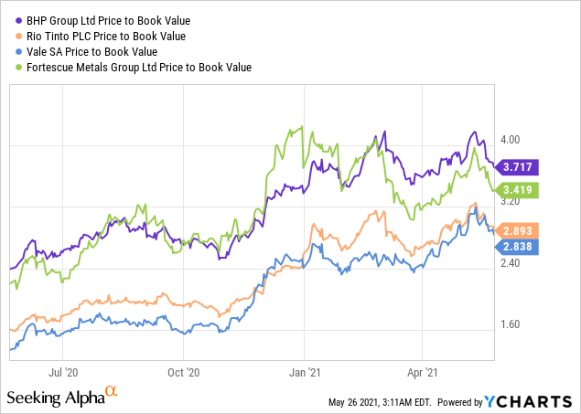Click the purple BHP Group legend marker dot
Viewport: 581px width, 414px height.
pyautogui.click(x=16, y=22)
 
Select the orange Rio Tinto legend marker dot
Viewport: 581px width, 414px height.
pyautogui.click(x=16, y=37)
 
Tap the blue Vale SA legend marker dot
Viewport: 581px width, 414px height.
pyautogui.click(x=16, y=52)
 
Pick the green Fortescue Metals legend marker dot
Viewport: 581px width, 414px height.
pyautogui.click(x=16, y=67)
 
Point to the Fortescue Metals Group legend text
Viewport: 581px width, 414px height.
pyautogui.click(x=137, y=67)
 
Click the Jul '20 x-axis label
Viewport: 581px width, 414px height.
pyautogui.click(x=65, y=373)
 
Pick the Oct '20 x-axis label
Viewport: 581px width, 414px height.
pyautogui.click(x=184, y=373)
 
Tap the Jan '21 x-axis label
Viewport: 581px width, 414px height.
pyautogui.click(x=305, y=373)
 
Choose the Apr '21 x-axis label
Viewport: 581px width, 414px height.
pyautogui.click(x=422, y=373)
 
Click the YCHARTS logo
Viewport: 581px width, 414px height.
pyautogui.click(x=535, y=400)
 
